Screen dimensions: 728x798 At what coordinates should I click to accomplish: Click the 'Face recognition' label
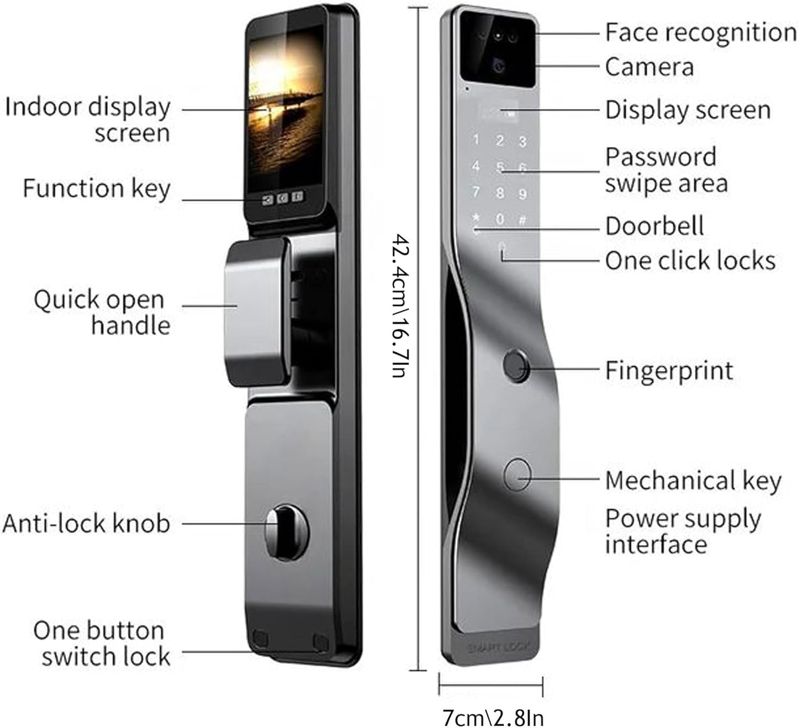point(700,32)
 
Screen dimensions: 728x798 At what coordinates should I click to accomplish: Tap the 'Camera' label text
point(649,67)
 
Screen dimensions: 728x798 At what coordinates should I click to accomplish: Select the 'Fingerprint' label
point(669,370)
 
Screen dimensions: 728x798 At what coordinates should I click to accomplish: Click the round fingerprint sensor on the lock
point(516,366)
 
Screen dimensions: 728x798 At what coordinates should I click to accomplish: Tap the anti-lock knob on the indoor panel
point(280,523)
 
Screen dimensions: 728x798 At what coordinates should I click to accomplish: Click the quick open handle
point(256,313)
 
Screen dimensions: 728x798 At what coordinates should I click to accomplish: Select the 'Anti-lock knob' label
point(86,523)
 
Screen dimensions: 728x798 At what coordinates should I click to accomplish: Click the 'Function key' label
point(96,188)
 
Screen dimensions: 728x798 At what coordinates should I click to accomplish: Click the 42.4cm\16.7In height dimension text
point(400,305)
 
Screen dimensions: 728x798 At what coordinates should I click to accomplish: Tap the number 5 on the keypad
point(500,167)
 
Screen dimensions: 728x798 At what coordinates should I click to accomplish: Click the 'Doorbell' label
point(654,226)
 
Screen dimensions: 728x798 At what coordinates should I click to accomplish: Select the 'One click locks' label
point(690,260)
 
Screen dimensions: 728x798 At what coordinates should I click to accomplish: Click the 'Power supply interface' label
point(683,531)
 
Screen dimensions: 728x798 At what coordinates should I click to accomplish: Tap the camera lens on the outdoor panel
point(498,66)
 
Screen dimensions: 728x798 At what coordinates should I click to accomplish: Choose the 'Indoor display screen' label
point(88,120)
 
